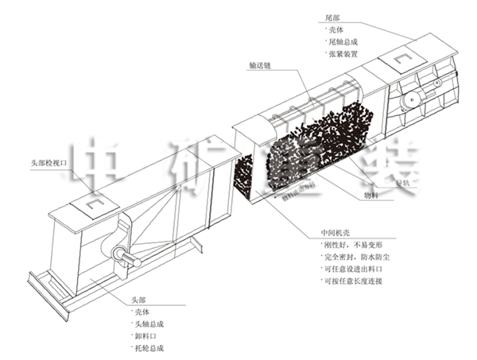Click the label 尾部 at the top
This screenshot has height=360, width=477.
click(333, 16)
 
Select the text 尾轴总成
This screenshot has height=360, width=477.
click(344, 41)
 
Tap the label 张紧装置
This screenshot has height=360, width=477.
click(344, 54)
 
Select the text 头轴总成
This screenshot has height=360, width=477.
click(149, 324)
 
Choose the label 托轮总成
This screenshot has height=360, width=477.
click(149, 349)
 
